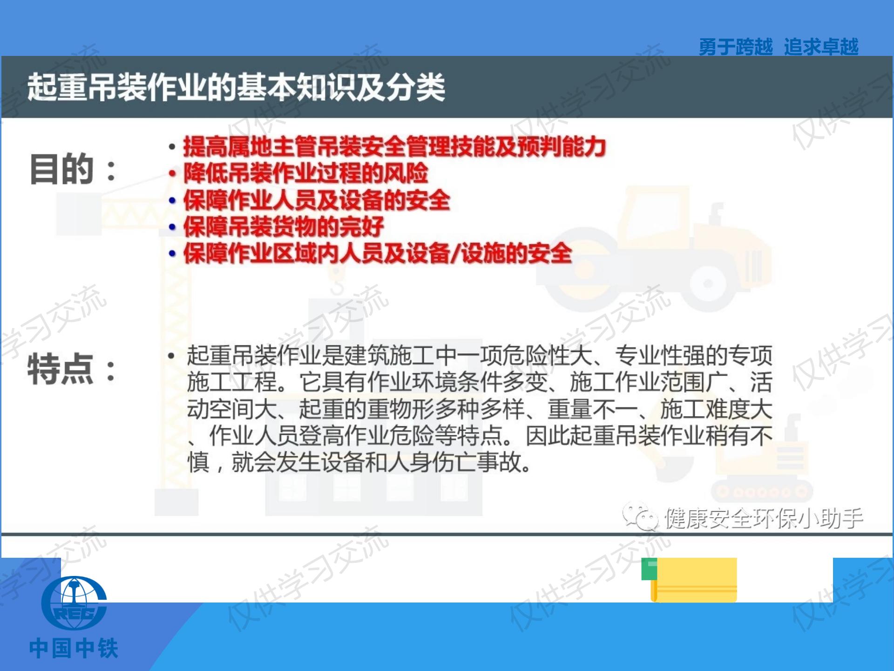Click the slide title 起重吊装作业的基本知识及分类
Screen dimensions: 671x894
click(x=236, y=87)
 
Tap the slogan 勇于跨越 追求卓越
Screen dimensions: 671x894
click(x=778, y=47)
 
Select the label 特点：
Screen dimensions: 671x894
click(x=72, y=370)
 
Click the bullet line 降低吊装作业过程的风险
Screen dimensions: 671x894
click(x=305, y=173)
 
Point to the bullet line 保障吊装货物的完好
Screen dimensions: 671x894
click(x=283, y=227)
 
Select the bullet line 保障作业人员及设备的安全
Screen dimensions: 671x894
click(x=316, y=200)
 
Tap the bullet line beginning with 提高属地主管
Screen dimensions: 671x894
click(x=394, y=147)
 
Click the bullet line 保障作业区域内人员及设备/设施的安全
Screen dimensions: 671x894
click(x=377, y=253)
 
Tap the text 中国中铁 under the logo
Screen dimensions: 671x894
click(x=74, y=649)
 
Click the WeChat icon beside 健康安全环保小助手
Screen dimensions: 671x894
click(x=640, y=517)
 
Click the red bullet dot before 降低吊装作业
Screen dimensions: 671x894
click(x=172, y=174)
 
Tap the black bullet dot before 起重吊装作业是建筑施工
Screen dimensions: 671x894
click(x=171, y=356)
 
